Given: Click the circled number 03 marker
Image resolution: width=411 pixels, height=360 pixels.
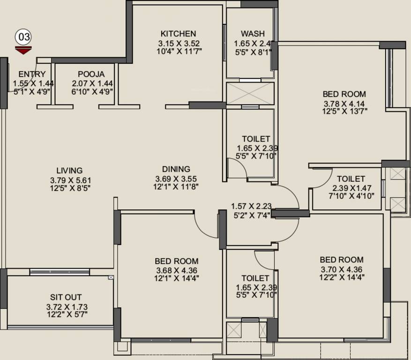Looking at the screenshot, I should (23, 37).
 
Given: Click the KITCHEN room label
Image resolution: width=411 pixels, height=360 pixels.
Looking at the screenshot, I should (178, 34).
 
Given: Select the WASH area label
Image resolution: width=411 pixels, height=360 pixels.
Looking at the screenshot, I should (253, 34).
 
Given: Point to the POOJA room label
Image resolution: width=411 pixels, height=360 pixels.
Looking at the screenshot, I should (91, 74).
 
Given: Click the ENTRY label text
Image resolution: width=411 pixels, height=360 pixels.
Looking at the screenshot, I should (32, 74).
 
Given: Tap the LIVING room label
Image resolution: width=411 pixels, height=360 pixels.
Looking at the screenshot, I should (69, 171).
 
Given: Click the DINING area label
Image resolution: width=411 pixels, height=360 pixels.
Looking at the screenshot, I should (176, 169).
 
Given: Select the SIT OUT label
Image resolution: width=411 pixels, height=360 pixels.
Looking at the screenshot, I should (66, 297).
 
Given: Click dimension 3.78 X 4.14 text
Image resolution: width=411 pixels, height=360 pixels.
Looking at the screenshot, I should (344, 103).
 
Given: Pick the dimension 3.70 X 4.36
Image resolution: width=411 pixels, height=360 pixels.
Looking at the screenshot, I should (341, 269).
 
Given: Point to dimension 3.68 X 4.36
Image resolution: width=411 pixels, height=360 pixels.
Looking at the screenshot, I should (176, 270).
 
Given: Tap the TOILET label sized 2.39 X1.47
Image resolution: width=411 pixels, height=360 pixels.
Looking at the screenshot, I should (351, 179).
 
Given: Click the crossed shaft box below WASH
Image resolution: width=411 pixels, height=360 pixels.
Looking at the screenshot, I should (250, 93).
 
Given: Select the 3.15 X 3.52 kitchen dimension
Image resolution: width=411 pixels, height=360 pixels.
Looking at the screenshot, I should (178, 43).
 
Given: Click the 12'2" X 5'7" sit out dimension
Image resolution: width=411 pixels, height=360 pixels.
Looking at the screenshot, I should (66, 315).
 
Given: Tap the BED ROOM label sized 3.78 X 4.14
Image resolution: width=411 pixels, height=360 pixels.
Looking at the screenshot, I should (344, 94).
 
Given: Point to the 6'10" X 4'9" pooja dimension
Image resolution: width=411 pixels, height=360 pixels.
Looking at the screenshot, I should (92, 92).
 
